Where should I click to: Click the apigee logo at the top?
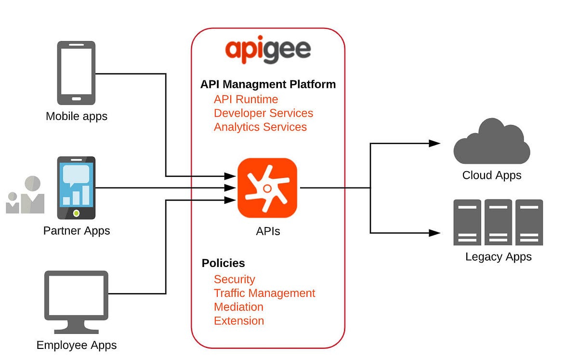point(268,50)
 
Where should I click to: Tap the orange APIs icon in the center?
point(267,188)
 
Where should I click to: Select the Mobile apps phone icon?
point(76,73)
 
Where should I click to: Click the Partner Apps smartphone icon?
point(76,187)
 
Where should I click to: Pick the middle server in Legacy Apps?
point(498,222)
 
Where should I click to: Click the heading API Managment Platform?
point(268,84)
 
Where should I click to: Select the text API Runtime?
point(246,99)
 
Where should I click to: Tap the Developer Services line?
point(263,113)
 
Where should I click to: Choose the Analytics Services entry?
point(260,127)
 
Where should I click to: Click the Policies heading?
point(223,263)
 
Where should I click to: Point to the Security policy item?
point(234,280)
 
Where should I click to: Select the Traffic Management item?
point(264,293)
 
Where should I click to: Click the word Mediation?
point(238,307)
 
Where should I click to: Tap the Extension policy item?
point(239,321)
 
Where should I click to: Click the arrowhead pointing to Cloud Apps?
point(434,143)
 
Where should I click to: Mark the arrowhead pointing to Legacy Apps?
point(434,233)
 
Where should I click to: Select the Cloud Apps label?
point(491,175)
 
